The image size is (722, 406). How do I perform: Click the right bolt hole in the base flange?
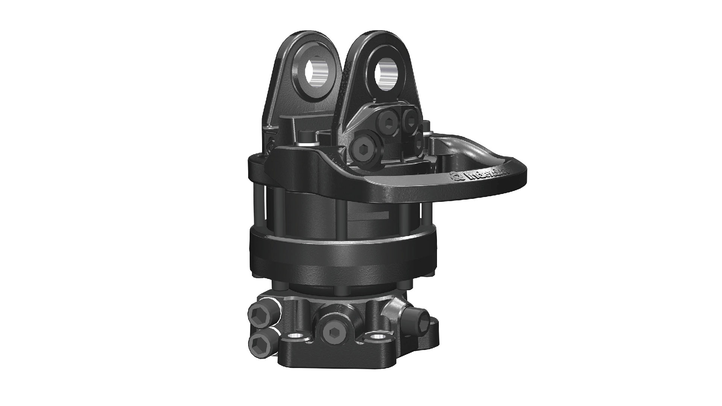click(x=376, y=337)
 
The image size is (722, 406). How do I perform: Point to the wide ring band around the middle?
click(x=342, y=248)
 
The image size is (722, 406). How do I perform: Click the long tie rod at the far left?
click(x=258, y=211)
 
